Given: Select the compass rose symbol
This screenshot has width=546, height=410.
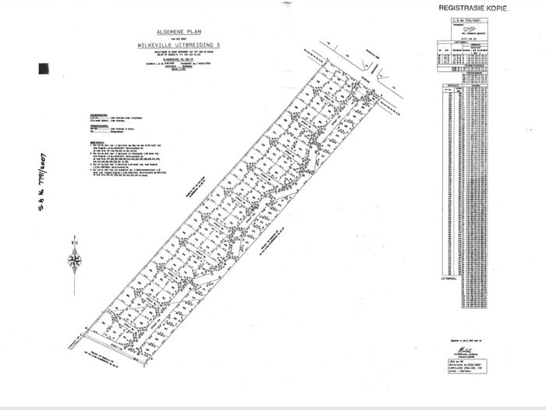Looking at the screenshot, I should tap(75, 260).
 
